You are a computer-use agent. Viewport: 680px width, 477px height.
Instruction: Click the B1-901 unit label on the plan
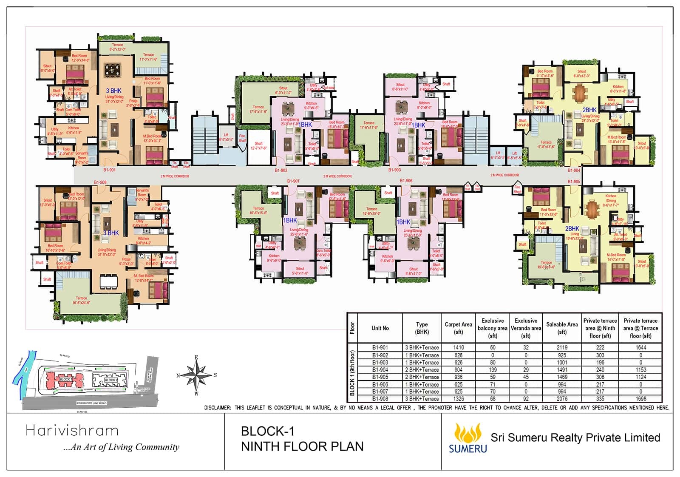109,170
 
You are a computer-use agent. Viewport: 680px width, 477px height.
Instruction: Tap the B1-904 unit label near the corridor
574,170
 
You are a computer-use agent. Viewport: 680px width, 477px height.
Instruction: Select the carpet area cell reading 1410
459,347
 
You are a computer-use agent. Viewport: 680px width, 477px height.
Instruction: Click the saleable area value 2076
562,399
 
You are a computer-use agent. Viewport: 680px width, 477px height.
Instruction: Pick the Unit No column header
380,328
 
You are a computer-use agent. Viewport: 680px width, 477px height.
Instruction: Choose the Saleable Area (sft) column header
562,328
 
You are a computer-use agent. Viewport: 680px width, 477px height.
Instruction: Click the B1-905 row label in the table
380,377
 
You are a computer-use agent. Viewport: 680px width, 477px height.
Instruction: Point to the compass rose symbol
196,375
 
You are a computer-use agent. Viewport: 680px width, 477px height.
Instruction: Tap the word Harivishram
72,431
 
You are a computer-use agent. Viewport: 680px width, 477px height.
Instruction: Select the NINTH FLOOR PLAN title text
302,446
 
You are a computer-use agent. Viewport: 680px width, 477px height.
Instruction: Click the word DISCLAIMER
217,408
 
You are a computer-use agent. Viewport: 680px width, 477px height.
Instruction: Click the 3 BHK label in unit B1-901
113,91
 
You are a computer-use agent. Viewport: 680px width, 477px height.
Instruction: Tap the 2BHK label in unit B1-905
572,228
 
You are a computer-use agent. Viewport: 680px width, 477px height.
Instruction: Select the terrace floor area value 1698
640,399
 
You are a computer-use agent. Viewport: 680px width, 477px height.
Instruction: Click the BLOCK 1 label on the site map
65,379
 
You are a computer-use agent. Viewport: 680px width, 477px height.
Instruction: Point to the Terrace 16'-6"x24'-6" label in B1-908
81,301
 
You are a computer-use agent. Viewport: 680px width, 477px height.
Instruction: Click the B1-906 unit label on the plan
406,181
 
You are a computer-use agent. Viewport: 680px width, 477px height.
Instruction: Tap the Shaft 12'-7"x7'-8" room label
258,146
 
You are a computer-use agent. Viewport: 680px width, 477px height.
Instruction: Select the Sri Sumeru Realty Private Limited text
575,437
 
